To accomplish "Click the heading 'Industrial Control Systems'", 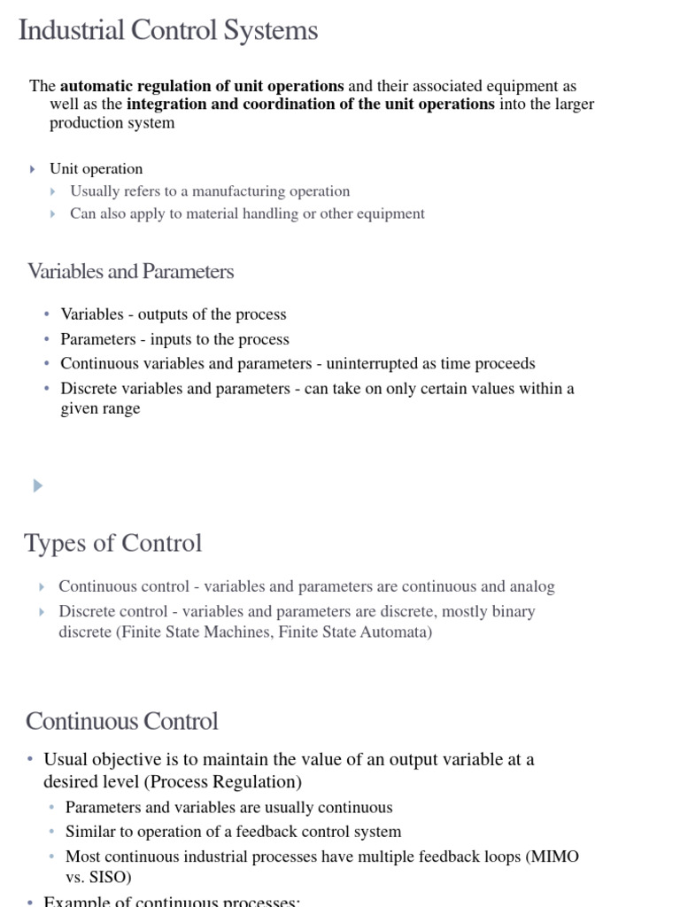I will click(x=168, y=31).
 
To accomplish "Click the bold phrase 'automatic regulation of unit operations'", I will click(x=202, y=86).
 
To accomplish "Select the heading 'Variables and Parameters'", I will click(x=131, y=272).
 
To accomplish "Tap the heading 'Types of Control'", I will click(x=113, y=543).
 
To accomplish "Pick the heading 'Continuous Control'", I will click(x=122, y=721).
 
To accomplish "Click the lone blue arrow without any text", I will click(x=37, y=485).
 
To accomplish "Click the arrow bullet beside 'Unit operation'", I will click(x=34, y=169).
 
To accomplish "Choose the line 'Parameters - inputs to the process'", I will click(x=174, y=339).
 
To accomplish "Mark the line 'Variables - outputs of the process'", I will click(x=174, y=314).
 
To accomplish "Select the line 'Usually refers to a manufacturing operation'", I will click(x=210, y=191).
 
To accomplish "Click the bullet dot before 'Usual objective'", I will click(x=30, y=760).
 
